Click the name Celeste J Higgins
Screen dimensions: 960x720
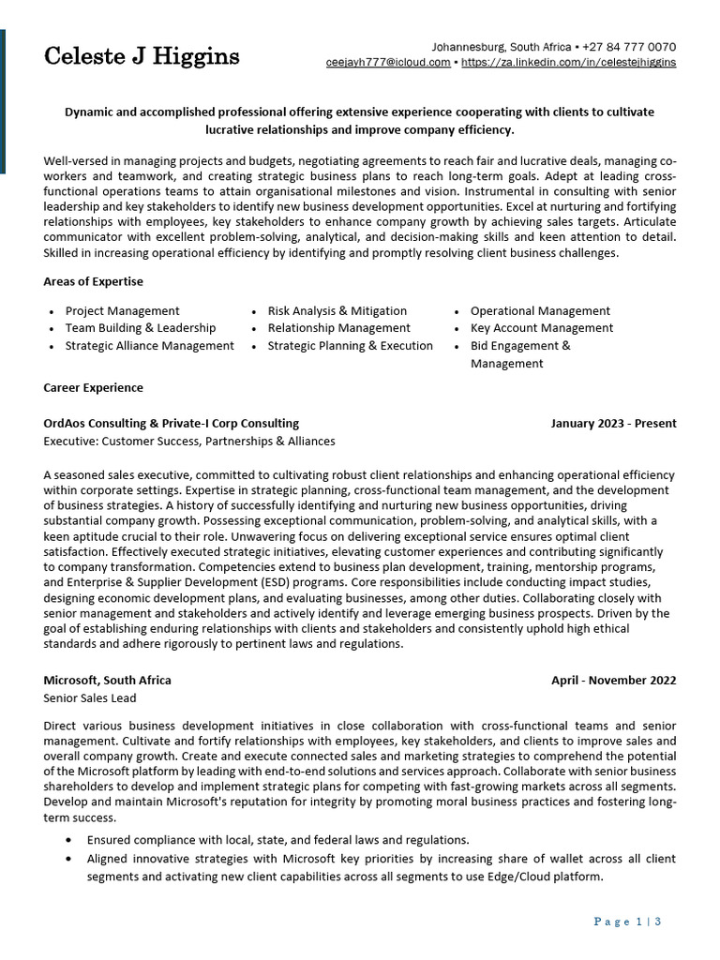(142, 56)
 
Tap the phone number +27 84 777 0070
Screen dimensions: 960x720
(629, 47)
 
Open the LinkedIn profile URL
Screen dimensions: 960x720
(569, 63)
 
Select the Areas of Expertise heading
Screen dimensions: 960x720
(93, 281)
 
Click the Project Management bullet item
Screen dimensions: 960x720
(122, 310)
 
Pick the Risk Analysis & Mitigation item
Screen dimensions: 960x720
(337, 310)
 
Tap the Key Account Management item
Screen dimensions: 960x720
(541, 328)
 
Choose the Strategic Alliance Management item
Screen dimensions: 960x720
(149, 346)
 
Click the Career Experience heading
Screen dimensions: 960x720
(93, 387)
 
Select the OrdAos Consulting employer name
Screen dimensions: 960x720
(172, 423)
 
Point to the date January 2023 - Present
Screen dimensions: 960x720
(613, 423)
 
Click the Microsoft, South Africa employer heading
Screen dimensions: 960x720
(107, 680)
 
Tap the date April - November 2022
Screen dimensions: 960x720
(613, 680)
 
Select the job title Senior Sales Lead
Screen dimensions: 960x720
(90, 698)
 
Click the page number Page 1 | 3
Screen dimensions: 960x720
(628, 922)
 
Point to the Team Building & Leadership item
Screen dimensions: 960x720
(140, 328)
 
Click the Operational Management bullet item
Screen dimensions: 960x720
(540, 310)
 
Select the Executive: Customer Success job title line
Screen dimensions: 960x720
(188, 441)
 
